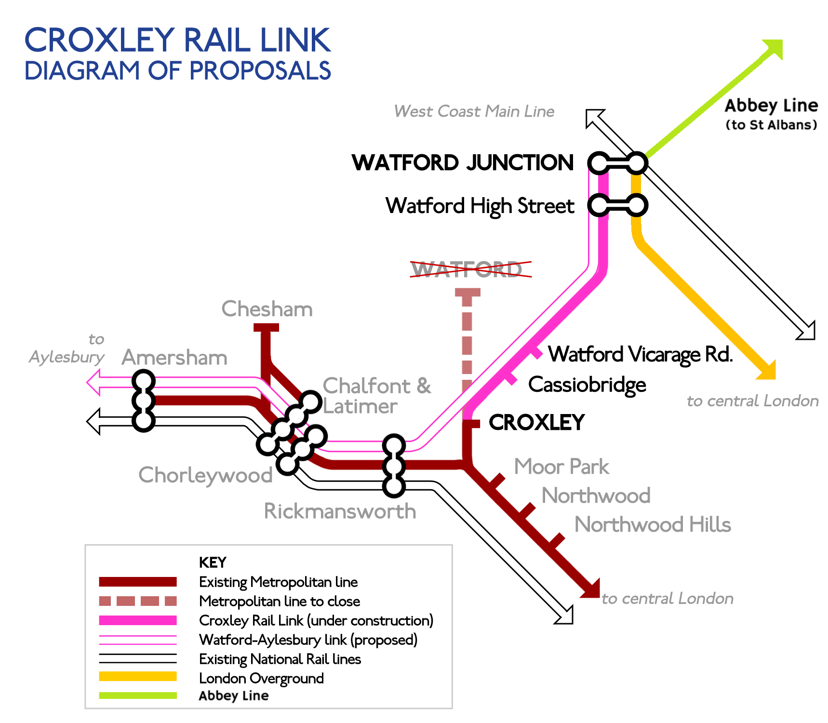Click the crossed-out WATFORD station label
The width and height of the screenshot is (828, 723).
tap(467, 269)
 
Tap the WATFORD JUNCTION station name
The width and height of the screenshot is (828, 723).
tap(463, 163)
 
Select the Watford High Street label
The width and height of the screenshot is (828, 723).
tap(480, 206)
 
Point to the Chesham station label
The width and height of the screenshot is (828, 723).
tap(267, 309)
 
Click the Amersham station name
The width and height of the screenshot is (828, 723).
tap(174, 358)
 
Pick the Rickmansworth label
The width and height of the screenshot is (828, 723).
tap(340, 511)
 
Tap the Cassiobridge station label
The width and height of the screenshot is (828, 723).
tap(587, 385)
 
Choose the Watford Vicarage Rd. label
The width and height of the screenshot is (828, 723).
tap(641, 354)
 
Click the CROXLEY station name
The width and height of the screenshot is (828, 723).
tap(536, 423)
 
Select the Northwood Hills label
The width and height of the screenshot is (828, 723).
tap(653, 524)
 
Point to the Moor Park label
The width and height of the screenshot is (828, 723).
tap(561, 467)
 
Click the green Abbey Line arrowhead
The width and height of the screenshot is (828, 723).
tap(773, 49)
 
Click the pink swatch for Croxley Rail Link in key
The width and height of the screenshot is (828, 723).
tap(138, 620)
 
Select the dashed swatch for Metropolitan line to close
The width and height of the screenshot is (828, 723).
tap(138, 601)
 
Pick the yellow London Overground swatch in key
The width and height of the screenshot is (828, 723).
tap(138, 676)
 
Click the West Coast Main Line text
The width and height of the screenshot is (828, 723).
tap(474, 111)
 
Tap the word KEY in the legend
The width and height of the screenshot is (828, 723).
tap(213, 562)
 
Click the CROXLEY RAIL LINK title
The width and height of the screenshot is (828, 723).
tap(177, 40)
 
